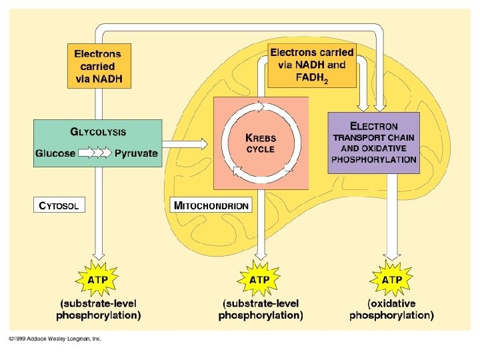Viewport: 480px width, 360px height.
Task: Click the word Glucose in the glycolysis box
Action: pos(55,153)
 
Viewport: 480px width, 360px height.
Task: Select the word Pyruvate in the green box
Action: pos(136,153)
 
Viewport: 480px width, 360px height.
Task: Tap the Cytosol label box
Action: pos(59,205)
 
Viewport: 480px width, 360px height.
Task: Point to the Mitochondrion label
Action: pos(211,205)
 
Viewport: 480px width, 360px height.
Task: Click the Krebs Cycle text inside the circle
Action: pos(260,143)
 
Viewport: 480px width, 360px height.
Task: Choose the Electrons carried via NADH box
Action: pos(98,67)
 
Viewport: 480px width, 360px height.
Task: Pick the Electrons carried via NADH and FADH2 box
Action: pos(311,65)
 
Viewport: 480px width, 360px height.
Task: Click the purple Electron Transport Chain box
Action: pos(373,143)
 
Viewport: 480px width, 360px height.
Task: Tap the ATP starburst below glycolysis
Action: pos(99,279)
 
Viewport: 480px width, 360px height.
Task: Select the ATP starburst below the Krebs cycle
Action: pos(259,279)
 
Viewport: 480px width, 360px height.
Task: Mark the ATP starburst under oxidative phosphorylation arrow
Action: pos(391,279)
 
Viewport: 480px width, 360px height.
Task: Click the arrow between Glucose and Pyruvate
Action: pos(95,153)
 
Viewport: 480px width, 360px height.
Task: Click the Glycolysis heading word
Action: pos(98,132)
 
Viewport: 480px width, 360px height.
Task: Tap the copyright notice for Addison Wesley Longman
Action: pos(55,339)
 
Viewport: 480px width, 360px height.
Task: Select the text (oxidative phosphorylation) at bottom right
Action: pos(391,309)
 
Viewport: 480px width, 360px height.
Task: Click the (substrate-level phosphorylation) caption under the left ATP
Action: pos(99,309)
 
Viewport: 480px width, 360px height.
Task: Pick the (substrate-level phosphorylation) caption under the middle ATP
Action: pos(260,309)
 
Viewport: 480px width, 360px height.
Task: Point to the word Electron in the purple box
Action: pos(373,126)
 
